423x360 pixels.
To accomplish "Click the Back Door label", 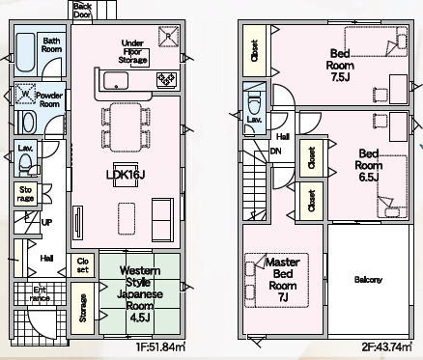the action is pos(82,10).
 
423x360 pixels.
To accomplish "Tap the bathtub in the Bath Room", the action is pos(25,52).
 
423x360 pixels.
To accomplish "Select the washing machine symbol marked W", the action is pos(25,94).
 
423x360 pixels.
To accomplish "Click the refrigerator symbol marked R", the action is pos(168,37).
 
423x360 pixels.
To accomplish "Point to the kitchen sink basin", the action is pos(116,80).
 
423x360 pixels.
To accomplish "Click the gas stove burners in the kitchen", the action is pos(166,79).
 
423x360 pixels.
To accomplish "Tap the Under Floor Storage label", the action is pos(132,51).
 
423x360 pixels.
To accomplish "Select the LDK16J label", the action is pos(126,175).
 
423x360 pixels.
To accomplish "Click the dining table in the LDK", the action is pos(126,126).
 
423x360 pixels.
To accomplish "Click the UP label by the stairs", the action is pos(46,222).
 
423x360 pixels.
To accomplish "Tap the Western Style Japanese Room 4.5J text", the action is pos(139,293).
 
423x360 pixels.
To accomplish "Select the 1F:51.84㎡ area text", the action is pos(160,347).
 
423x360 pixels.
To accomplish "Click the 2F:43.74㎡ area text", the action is pos(386,347).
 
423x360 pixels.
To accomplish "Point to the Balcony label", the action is pos(368,279).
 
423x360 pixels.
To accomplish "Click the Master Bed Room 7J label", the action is pos(283,280).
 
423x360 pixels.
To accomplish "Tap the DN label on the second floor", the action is pos(275,151).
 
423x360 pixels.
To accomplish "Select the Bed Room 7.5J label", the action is pos(340,65).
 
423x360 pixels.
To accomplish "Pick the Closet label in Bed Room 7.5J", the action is pos(255,51).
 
